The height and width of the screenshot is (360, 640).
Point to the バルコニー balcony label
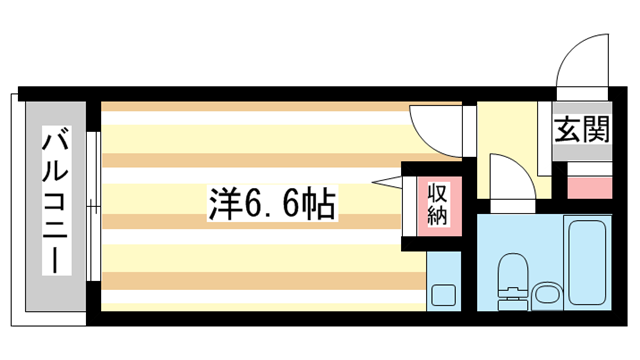[54, 200]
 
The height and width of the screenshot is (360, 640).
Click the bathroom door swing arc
[515, 180]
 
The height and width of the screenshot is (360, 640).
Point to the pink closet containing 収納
[438, 206]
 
